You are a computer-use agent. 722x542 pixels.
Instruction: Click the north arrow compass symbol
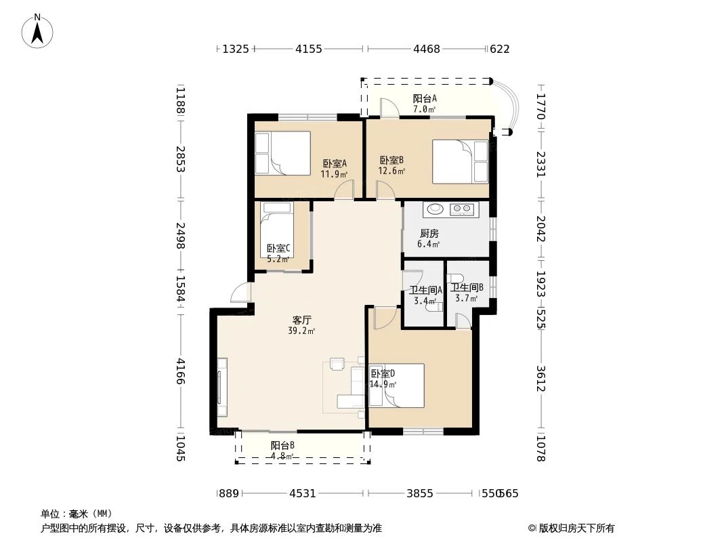pyautogui.click(x=37, y=32)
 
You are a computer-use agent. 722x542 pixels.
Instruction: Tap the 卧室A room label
pyautogui.click(x=335, y=163)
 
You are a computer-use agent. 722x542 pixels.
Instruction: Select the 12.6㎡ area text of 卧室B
pyautogui.click(x=392, y=171)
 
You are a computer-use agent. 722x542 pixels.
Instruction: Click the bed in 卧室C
pyautogui.click(x=277, y=229)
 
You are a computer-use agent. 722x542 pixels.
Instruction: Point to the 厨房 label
pyautogui.click(x=429, y=234)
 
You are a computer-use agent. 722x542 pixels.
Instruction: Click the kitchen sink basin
pyautogui.click(x=435, y=209)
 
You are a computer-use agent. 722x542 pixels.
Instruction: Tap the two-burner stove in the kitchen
pyautogui.click(x=461, y=209)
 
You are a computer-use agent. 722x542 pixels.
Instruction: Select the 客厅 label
pyautogui.click(x=302, y=320)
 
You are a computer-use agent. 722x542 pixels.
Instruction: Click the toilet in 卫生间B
pyautogui.click(x=455, y=279)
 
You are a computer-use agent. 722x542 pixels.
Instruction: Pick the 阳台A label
pyautogui.click(x=425, y=98)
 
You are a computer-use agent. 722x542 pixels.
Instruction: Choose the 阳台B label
pyautogui.click(x=282, y=446)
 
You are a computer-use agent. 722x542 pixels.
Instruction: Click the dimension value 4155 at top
pyautogui.click(x=308, y=49)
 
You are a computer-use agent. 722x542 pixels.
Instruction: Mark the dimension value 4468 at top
pyautogui.click(x=427, y=49)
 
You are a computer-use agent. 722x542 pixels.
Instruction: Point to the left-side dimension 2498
pyautogui.click(x=180, y=236)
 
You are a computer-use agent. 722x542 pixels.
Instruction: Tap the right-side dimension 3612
pyautogui.click(x=540, y=379)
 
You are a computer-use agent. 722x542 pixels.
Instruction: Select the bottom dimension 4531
pyautogui.click(x=303, y=494)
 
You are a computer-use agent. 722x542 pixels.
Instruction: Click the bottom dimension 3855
pyautogui.click(x=420, y=494)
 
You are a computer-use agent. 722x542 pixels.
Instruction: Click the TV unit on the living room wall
pyautogui.click(x=222, y=388)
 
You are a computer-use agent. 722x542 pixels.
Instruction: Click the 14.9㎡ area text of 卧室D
pyautogui.click(x=383, y=385)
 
